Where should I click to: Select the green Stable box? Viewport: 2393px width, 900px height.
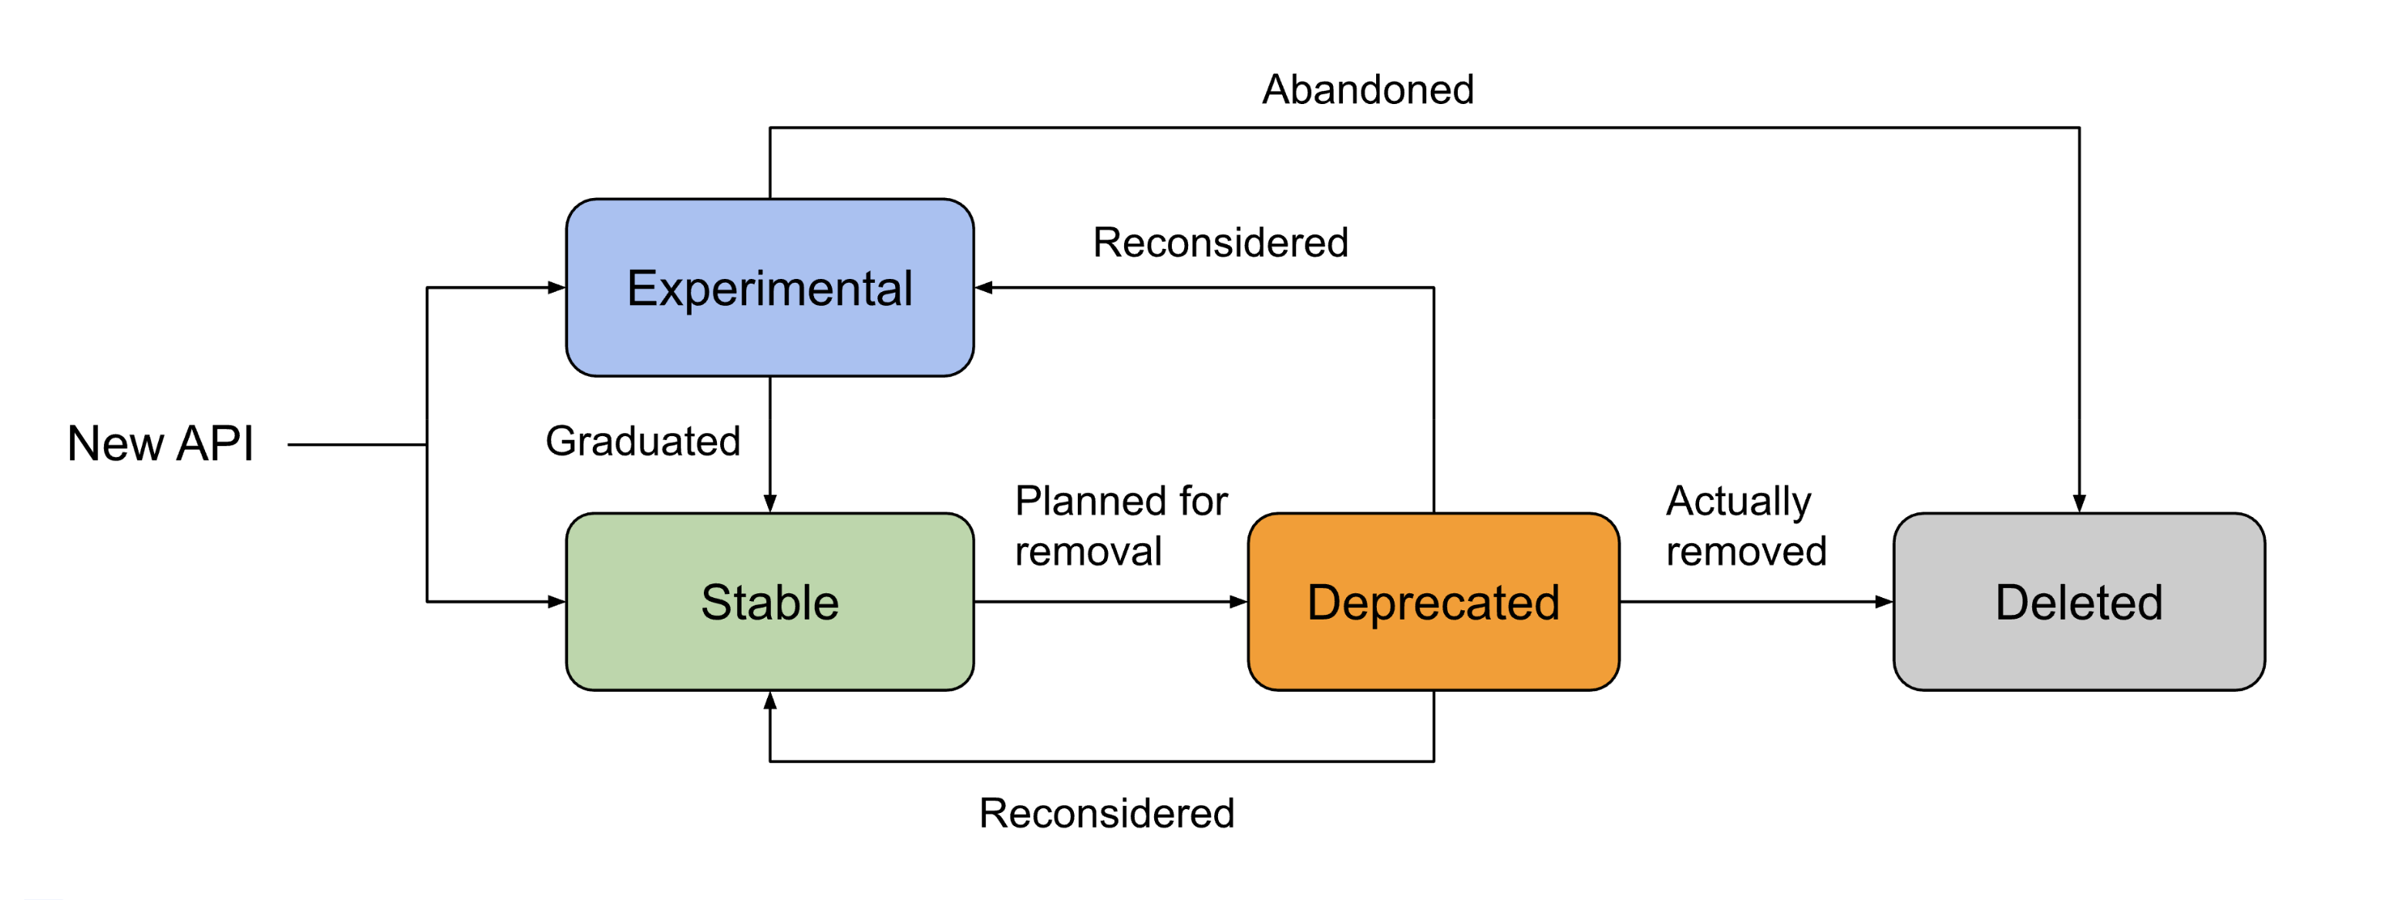point(769,602)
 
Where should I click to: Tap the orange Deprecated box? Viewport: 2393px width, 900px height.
point(1432,602)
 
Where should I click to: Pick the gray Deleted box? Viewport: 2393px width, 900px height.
point(2078,602)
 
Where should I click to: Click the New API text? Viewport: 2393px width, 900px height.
point(160,443)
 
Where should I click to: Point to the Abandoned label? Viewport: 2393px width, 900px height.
point(1368,90)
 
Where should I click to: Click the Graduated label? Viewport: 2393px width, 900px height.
point(643,442)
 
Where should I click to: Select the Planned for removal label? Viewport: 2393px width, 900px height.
point(1120,526)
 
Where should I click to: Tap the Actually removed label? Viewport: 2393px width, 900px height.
point(1745,526)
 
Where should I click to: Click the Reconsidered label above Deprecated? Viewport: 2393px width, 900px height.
point(1220,243)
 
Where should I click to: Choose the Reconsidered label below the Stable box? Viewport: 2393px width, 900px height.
point(1106,814)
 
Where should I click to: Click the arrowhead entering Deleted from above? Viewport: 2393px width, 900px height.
point(2079,503)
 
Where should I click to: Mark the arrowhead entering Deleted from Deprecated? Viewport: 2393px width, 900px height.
point(1884,602)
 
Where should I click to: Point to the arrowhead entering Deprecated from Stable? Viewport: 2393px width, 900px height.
point(1238,602)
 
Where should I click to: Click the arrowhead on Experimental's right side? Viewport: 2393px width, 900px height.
point(984,288)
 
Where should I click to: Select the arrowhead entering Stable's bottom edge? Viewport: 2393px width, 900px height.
point(770,701)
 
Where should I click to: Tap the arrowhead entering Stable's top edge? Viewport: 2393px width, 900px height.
point(770,503)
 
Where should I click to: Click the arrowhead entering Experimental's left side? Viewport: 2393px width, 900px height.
point(557,288)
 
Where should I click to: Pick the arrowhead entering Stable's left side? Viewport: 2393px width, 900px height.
point(557,602)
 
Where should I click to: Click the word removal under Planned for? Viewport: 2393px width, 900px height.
point(1088,552)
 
